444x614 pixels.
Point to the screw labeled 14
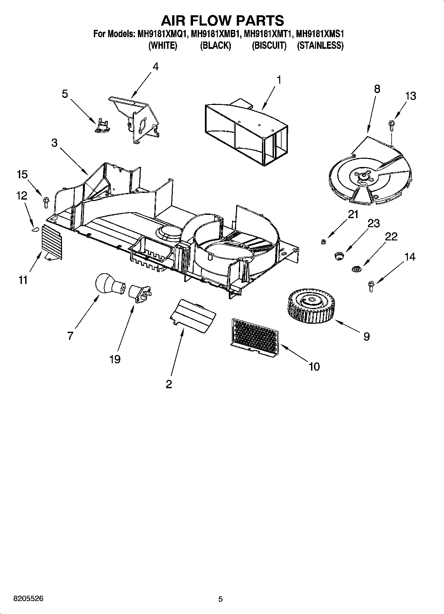(371, 286)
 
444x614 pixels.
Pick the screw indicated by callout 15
(46, 202)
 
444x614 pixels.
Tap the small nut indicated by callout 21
(323, 241)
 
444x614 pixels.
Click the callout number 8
(377, 89)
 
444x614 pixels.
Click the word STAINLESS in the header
(320, 45)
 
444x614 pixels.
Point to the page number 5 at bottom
(220, 599)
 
